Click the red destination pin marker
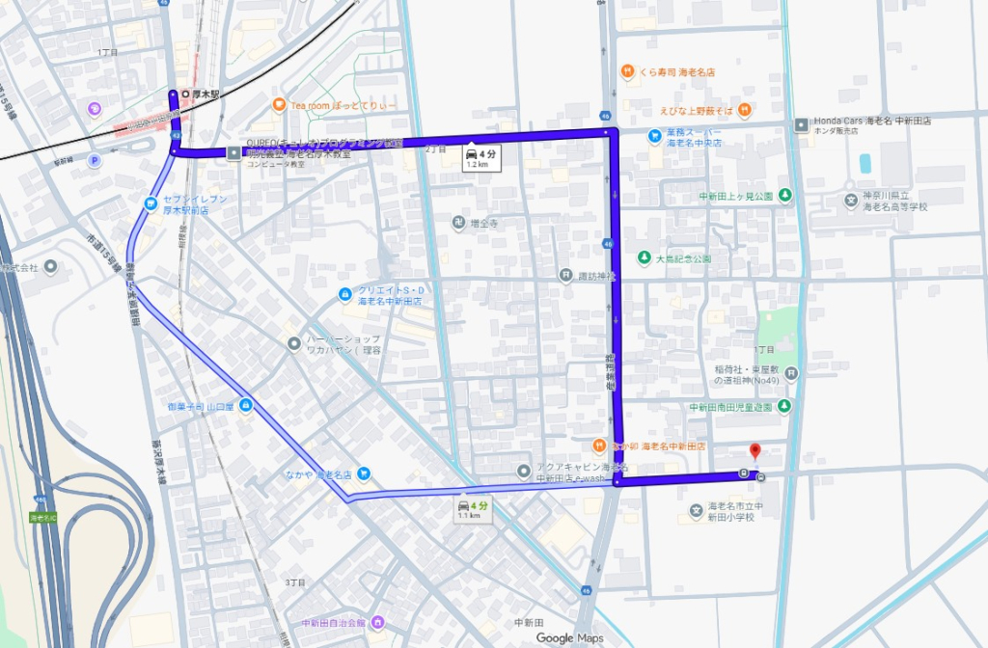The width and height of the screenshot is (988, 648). pos(755,451)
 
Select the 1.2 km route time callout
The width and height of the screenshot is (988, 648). pos(479,157)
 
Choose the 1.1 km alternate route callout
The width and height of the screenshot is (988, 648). pos(471,509)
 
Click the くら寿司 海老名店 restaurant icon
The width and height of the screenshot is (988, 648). pos(627,71)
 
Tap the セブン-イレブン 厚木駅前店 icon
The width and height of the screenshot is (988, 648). pos(151,202)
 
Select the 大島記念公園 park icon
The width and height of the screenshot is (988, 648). pos(644,258)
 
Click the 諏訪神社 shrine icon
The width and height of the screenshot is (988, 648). pos(565,275)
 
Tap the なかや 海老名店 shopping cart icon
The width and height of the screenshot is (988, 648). pos(363,473)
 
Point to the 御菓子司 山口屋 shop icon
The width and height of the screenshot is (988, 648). pos(246,406)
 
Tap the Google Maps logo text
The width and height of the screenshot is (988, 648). pos(569,637)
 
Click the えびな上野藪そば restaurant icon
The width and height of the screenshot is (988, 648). pos(746,110)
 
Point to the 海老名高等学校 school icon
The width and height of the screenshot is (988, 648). pos(850,201)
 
